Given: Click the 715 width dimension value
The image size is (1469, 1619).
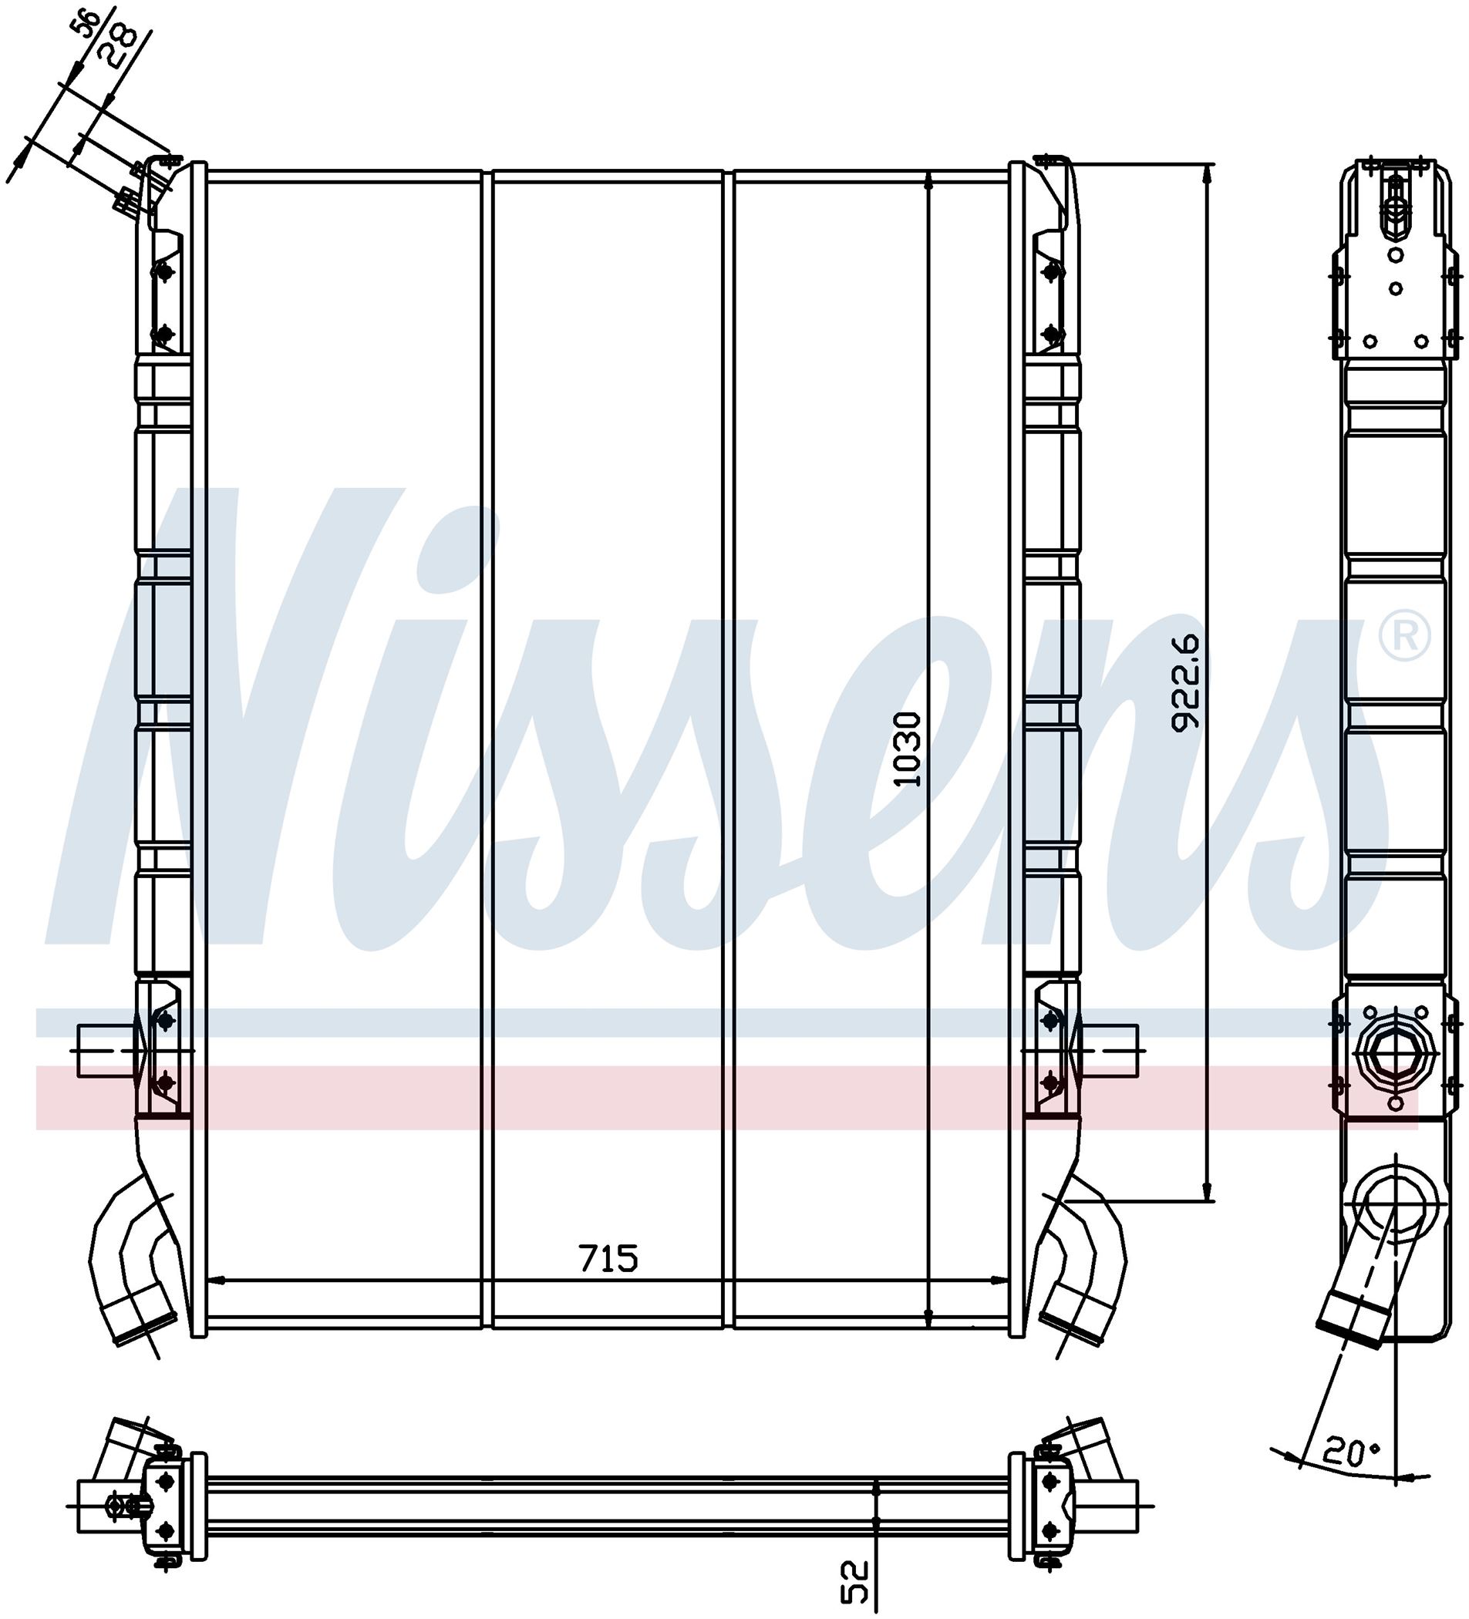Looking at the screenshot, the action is [x=608, y=1257].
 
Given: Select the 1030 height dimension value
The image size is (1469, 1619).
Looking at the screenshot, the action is [x=908, y=749].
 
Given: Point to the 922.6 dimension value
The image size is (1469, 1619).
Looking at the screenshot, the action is [x=1184, y=682].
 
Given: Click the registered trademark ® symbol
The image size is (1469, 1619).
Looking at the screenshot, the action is [x=1404, y=635].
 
